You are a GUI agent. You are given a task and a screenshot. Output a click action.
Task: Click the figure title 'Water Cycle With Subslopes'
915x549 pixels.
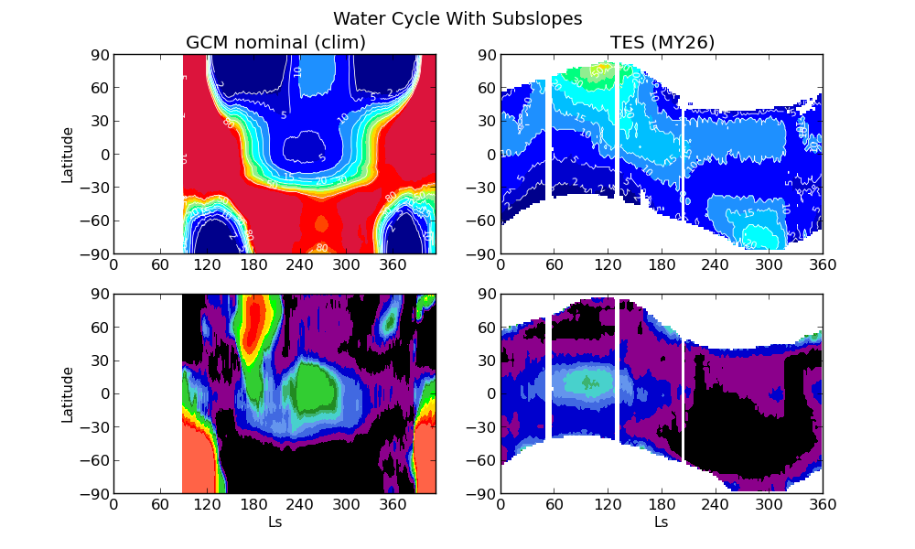[x=457, y=19]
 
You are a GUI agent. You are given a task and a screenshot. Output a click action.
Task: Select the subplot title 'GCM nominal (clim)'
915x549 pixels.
[x=275, y=43]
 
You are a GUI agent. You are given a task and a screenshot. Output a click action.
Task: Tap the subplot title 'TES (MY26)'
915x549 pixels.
[x=662, y=43]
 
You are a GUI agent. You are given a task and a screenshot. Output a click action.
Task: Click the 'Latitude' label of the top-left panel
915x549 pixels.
[x=68, y=154]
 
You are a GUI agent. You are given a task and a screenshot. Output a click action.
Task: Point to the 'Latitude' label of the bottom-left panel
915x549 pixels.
[x=68, y=393]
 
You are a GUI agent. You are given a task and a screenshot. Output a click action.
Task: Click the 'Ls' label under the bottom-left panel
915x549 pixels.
[x=274, y=522]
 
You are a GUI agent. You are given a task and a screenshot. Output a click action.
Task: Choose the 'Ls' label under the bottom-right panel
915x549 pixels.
[x=662, y=522]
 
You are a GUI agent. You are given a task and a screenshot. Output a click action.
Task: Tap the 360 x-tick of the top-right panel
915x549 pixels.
[x=822, y=265]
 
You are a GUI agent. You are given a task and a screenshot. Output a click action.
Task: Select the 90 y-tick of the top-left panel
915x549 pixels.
[x=98, y=55]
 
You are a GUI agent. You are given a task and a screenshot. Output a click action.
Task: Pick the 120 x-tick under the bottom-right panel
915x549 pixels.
[x=608, y=505]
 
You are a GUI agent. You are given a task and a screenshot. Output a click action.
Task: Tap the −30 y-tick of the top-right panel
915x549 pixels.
[x=480, y=188]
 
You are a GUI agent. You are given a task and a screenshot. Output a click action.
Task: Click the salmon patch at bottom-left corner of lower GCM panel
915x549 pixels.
[x=197, y=462]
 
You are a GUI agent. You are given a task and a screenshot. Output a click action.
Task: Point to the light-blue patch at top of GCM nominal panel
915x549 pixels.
[x=318, y=73]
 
